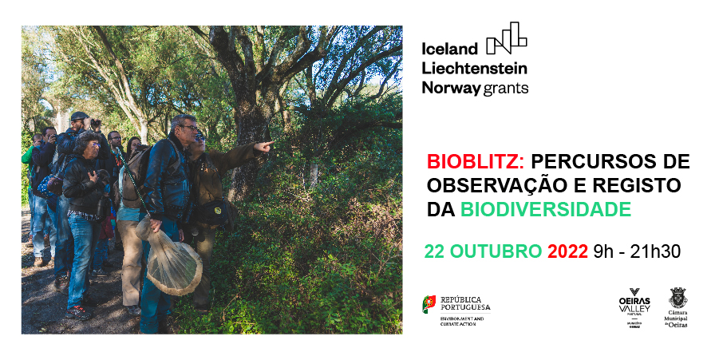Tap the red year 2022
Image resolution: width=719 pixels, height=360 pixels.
pos(567,251)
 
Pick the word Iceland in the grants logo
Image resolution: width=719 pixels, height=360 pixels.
pos(450,48)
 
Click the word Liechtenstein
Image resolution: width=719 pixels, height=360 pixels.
pos(475,68)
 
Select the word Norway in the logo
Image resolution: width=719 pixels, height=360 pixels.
pos(450,87)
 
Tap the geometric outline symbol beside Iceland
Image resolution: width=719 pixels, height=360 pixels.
pos(507,38)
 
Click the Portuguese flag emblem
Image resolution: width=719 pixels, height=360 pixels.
pos(429,304)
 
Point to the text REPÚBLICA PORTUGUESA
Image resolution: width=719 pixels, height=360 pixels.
pos(465,303)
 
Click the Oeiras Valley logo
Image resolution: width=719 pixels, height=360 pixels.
pos(634,307)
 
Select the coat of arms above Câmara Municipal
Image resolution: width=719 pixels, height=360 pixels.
pos(678,298)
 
